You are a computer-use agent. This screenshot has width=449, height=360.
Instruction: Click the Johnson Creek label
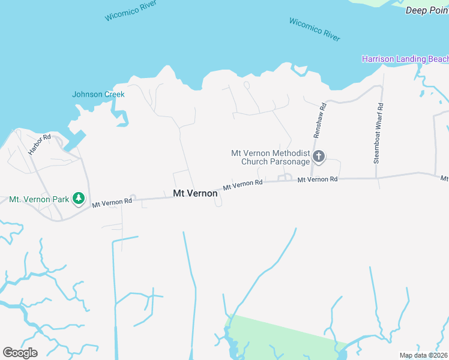pos(98,94)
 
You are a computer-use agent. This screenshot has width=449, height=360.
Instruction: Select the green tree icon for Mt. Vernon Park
pos(78,198)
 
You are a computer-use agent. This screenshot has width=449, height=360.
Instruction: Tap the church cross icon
pos(319,157)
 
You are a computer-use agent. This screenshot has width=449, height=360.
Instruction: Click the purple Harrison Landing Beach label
pos(405,59)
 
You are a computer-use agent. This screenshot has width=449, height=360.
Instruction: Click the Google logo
pos(20,352)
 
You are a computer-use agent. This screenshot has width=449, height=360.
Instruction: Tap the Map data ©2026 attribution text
pos(423,355)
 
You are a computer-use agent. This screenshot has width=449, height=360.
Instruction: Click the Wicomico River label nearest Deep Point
pos(315,29)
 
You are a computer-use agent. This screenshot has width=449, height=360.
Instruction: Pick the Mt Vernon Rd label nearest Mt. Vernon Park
pos(112,203)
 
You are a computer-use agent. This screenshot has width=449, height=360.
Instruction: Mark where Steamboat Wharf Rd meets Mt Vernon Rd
pos(377,178)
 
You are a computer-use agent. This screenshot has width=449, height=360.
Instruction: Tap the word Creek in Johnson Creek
pos(114,94)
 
